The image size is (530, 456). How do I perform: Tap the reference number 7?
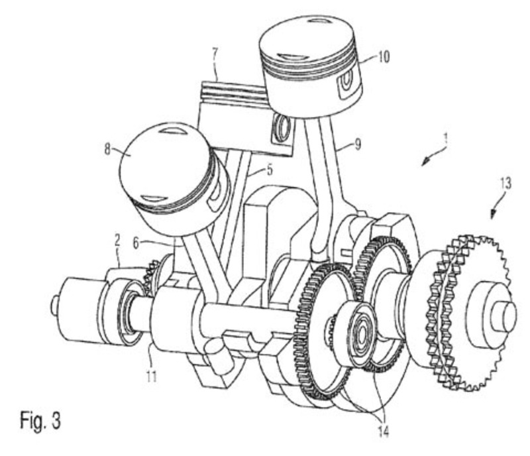pyautogui.click(x=215, y=54)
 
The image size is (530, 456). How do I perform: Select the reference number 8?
pyautogui.click(x=107, y=150)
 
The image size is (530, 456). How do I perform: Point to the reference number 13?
pyautogui.click(x=505, y=184)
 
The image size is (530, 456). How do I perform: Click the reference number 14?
pyautogui.click(x=383, y=432)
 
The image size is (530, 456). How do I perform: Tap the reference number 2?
pyautogui.click(x=117, y=241)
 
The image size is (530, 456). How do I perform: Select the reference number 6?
pyautogui.click(x=136, y=243)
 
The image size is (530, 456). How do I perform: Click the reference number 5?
pyautogui.click(x=269, y=170)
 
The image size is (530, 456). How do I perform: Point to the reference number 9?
pyautogui.click(x=357, y=144)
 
